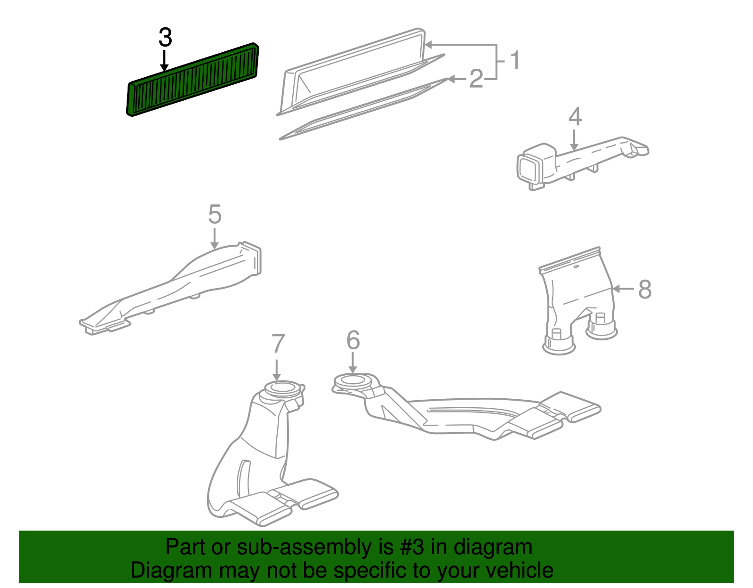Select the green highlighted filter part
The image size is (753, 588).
(192, 80)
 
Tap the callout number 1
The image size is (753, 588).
(515, 60)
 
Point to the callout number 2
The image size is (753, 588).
(476, 79)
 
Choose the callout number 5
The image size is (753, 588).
(215, 214)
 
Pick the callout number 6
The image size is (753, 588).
(353, 340)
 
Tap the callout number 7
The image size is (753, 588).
(278, 343)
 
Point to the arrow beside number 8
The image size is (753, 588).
(624, 288)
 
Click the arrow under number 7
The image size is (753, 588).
(277, 370)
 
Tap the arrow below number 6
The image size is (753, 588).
(352, 363)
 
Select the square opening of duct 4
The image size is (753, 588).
(529, 169)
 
